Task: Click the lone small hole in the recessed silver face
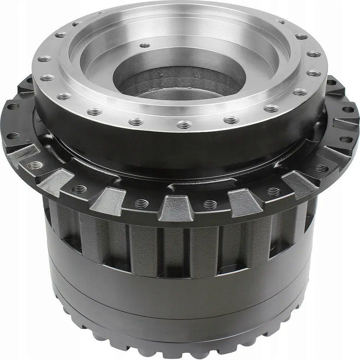(144, 45)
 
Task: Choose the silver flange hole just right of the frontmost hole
(230, 120)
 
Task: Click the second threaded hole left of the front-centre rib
(80, 189)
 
